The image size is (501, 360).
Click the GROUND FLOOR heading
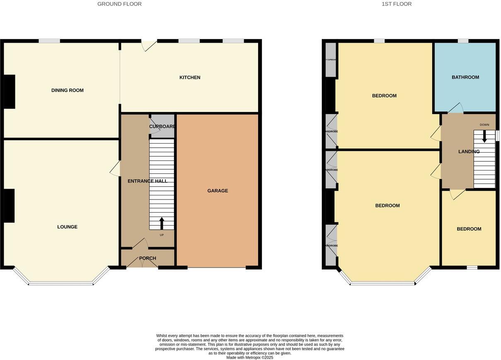pyautogui.click(x=119, y=4)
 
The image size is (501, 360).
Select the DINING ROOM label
pyautogui.click(x=68, y=90)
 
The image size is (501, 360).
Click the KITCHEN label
pyautogui.click(x=190, y=78)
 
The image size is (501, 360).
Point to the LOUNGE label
pyautogui.click(x=67, y=227)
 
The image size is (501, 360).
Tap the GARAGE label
pyautogui.click(x=218, y=191)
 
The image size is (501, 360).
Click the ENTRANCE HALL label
pyautogui.click(x=148, y=181)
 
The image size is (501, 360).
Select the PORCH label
pyautogui.click(x=148, y=258)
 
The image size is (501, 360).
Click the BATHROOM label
pyautogui.click(x=465, y=77)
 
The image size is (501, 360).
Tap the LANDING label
pyautogui.click(x=469, y=152)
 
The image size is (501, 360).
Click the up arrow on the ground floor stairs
pyautogui.click(x=162, y=223)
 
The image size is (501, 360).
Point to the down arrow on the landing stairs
pyautogui.click(x=484, y=137)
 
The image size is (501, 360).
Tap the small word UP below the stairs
pyautogui.click(x=162, y=235)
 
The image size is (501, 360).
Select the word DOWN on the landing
pyautogui.click(x=484, y=125)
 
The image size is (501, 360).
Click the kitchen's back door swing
pyautogui.click(x=148, y=46)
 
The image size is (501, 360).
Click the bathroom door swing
pyautogui.click(x=456, y=108)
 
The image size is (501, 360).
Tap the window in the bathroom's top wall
pyautogui.click(x=463, y=41)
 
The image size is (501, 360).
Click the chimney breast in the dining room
pyautogui.click(x=10, y=92)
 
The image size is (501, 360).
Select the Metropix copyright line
pyautogui.click(x=249, y=357)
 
